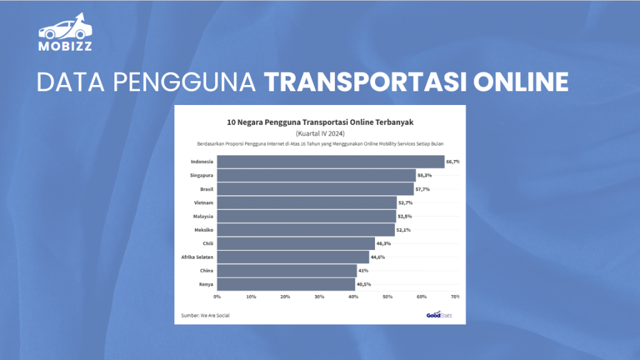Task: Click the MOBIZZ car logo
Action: (x=65, y=31)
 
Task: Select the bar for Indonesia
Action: (x=331, y=162)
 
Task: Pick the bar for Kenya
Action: (x=286, y=284)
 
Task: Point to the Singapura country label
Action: (x=201, y=176)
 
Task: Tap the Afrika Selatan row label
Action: (x=197, y=257)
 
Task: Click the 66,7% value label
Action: (x=453, y=162)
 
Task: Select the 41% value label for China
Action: (x=364, y=271)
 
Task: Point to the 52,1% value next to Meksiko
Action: (x=403, y=230)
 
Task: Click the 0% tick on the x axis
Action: (x=217, y=296)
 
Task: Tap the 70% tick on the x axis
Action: (x=455, y=296)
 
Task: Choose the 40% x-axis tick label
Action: (x=353, y=296)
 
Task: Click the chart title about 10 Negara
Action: (x=320, y=122)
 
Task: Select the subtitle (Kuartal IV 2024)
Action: (x=320, y=133)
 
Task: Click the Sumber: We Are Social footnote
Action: (x=205, y=315)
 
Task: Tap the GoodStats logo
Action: (x=439, y=314)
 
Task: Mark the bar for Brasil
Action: (x=316, y=189)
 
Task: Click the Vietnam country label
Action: (x=204, y=203)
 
